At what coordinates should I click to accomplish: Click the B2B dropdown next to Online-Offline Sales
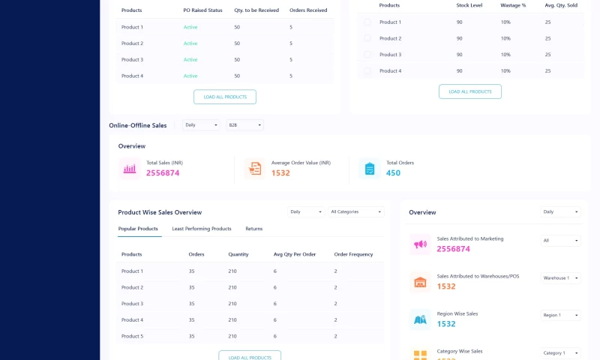244,125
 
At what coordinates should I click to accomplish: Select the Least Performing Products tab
202,229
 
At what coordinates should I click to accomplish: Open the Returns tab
254,229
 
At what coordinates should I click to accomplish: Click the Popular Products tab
138,229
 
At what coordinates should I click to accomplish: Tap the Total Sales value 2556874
163,173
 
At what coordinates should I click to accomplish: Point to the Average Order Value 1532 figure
280,173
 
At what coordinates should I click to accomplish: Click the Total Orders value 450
394,173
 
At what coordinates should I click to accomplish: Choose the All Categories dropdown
357,211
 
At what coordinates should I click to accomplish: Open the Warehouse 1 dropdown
560,277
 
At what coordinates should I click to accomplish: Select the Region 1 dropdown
560,315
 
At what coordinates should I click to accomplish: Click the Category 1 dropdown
560,352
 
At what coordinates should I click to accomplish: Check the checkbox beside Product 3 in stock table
367,55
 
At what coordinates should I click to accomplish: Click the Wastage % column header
513,5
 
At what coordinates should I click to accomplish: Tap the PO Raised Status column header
203,10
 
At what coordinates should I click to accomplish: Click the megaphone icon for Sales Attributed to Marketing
420,244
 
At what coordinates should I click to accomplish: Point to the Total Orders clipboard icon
370,169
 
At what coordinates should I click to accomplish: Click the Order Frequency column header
353,254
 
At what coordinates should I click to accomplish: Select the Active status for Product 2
190,43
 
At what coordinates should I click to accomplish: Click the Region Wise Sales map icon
420,319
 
